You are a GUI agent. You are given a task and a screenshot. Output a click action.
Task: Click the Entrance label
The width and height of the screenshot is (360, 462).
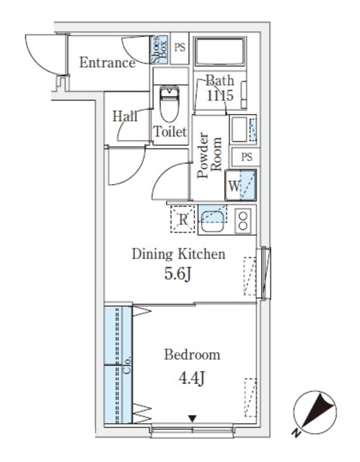[107, 63]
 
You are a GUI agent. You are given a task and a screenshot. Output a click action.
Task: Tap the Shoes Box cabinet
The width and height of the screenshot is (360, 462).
[159, 51]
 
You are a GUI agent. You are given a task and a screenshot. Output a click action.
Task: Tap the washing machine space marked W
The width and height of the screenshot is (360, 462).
[240, 185]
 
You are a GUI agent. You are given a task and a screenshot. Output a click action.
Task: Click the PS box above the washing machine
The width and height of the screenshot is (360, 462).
[246, 157]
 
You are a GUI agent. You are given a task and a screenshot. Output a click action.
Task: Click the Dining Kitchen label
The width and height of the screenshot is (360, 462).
[178, 254]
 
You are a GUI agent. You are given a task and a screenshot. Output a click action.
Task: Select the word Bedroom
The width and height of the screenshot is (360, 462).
[191, 355]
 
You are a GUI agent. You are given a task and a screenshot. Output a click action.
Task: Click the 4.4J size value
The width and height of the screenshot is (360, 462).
[191, 377]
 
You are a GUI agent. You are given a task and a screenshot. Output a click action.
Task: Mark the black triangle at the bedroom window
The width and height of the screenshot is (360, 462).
[192, 418]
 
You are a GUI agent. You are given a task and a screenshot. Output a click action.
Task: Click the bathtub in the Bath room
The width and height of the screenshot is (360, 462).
[220, 53]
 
